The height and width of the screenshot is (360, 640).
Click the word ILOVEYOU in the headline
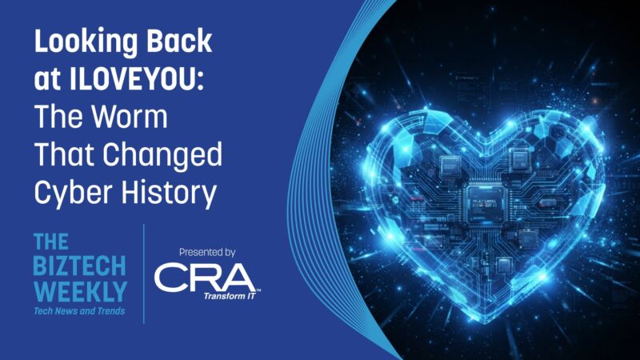136,78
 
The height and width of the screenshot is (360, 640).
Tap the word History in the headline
169,194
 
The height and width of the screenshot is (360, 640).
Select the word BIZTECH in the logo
79,266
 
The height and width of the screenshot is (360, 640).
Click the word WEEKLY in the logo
81,292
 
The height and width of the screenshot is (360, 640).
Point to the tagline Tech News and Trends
79,311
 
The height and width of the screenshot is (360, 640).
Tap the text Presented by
207,253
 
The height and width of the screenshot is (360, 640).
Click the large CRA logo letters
205,278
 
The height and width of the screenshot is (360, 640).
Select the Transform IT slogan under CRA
230,296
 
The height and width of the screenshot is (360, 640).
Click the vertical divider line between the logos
144,274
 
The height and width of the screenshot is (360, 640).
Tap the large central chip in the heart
485,203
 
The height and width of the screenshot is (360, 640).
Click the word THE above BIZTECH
50,242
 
